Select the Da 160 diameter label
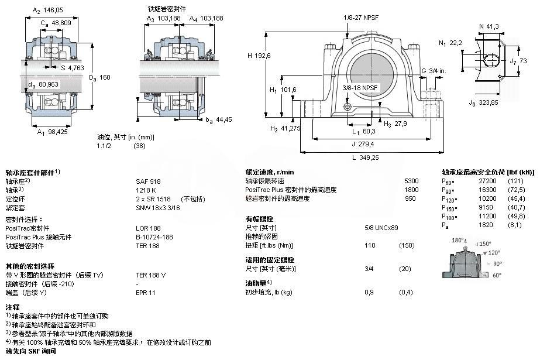pyautogui.click(x=99, y=78)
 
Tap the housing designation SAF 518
pyautogui.click(x=148, y=181)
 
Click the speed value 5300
pyautogui.click(x=411, y=181)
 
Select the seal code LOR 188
pyautogui.click(x=147, y=228)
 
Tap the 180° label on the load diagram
pyautogui.click(x=458, y=241)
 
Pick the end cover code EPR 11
pyautogui.click(x=146, y=292)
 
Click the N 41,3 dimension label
pyautogui.click(x=489, y=26)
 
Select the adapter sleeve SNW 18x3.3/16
pyautogui.click(x=157, y=208)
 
